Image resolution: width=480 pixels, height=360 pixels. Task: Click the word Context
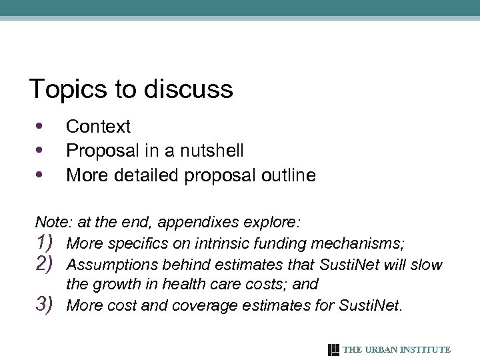[x=99, y=126]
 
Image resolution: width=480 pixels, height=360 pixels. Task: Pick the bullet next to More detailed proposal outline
[x=39, y=175]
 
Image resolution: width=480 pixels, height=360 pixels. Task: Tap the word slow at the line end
[x=426, y=265]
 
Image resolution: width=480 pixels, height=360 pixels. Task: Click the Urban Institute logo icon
[x=333, y=349]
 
